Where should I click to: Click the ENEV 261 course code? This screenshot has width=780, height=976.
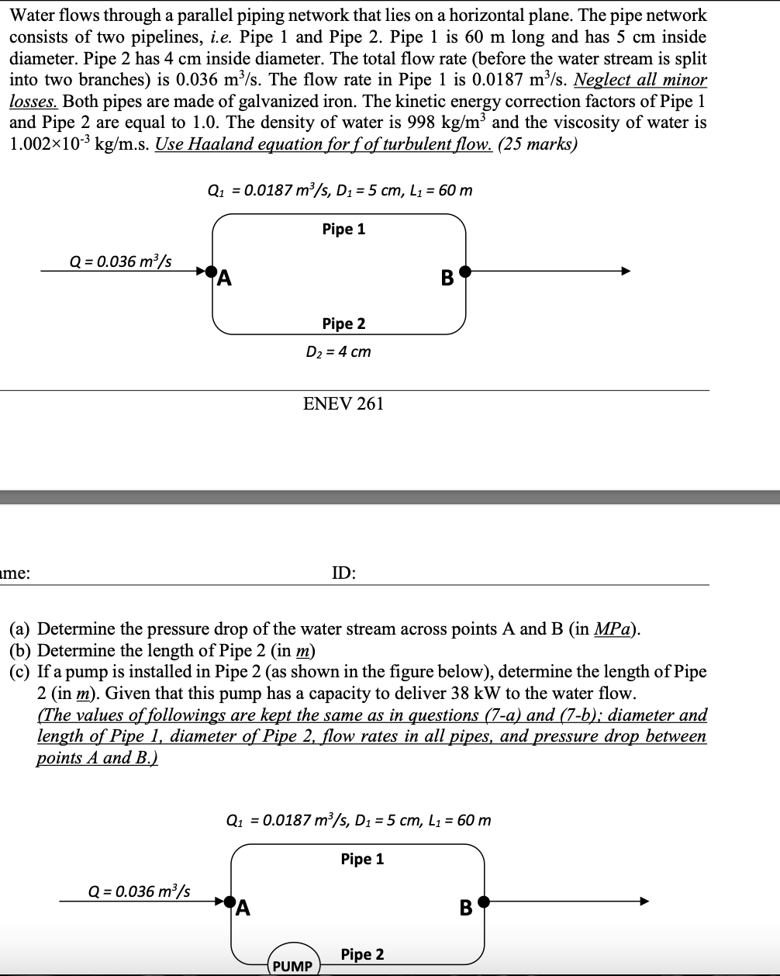coord(343,403)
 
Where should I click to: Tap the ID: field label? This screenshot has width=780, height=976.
coord(343,573)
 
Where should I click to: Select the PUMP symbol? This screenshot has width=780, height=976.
coord(293,965)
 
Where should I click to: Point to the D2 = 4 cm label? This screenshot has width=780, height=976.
coord(338,351)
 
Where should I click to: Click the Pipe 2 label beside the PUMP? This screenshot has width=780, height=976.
coord(362,954)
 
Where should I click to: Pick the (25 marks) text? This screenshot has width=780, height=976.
coord(537,145)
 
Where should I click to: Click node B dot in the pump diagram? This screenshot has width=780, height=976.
coord(484,902)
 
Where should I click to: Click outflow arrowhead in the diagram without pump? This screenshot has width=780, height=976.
coord(625,272)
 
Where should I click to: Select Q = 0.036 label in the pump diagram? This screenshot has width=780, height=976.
coord(141,891)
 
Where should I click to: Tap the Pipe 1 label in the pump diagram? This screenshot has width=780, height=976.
coord(362,859)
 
